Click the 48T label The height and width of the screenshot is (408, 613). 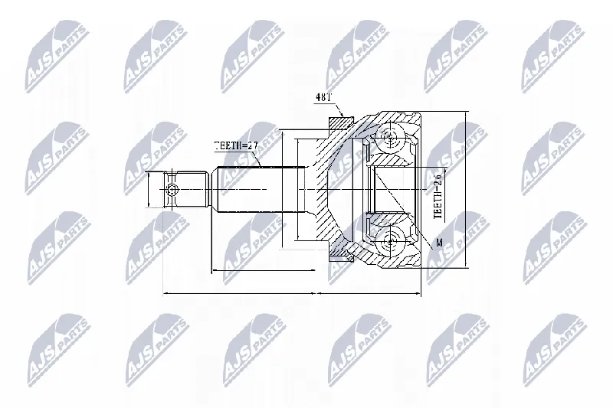(323, 97)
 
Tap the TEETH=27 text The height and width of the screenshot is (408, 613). (236, 145)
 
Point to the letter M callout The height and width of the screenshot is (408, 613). (439, 243)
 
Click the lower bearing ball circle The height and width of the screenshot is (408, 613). (390, 242)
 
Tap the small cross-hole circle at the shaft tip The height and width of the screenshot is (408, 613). (172, 189)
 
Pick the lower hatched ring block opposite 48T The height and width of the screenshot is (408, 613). (341, 256)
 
